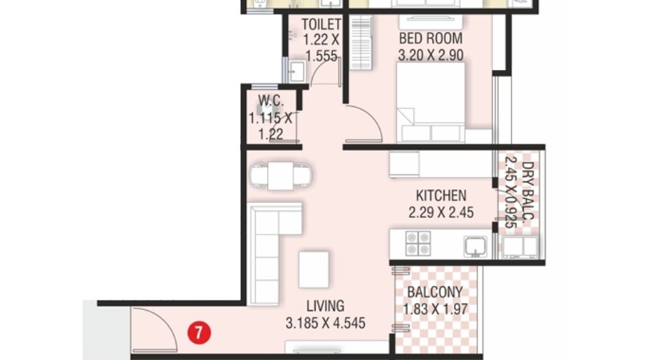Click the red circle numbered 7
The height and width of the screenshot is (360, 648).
coord(199,333)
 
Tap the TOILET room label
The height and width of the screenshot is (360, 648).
coord(321,25)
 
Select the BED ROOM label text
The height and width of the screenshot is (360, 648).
coord(431,38)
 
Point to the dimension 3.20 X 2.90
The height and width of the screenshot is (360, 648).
coord(431,55)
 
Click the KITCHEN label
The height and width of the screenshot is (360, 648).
coord(441,195)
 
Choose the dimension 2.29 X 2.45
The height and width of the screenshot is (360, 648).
coord(441,213)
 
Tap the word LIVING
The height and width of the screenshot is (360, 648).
coord(325,306)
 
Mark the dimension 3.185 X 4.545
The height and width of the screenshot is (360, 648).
coord(325,323)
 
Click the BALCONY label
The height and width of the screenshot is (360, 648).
coord(435,292)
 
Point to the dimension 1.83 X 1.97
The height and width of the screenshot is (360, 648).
coord(435,309)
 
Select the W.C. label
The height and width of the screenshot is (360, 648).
coord(271,100)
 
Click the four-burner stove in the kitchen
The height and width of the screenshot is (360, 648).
coord(418,243)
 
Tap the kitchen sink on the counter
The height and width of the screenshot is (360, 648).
coord(475,246)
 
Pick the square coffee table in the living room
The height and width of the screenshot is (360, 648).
coord(314,269)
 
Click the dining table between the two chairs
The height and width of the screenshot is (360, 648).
coord(280,176)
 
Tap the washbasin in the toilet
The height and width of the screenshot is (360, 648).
coord(297,71)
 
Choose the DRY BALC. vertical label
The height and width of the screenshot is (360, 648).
coord(519,193)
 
